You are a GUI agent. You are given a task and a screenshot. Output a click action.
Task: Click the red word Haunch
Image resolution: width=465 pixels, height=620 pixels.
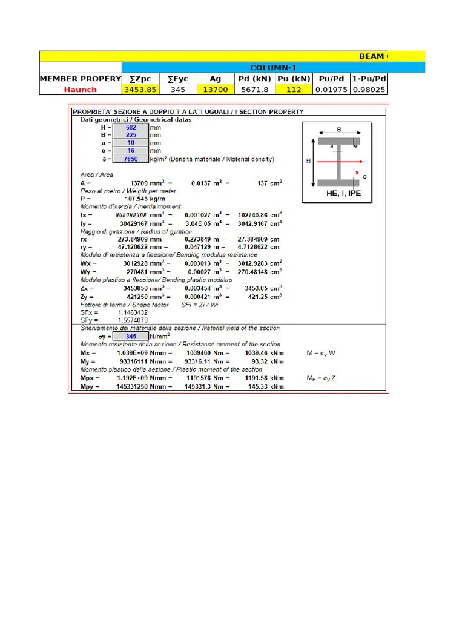click(81, 90)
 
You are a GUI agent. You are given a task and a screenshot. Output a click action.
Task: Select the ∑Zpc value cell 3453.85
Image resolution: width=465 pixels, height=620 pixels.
click(140, 90)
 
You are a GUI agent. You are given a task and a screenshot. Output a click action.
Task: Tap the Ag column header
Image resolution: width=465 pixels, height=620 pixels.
click(216, 79)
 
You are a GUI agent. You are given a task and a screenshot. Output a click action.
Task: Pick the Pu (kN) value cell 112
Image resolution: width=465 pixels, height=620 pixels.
click(294, 90)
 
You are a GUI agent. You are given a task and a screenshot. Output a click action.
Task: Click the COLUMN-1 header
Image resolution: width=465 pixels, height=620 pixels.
click(273, 68)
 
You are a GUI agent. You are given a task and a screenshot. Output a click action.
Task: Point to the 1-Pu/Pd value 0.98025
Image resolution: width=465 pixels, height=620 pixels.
click(369, 90)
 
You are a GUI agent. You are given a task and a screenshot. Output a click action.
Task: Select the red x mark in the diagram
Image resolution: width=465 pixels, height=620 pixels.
click(357, 173)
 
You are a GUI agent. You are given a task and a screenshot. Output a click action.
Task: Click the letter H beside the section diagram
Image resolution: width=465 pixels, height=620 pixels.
click(308, 161)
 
